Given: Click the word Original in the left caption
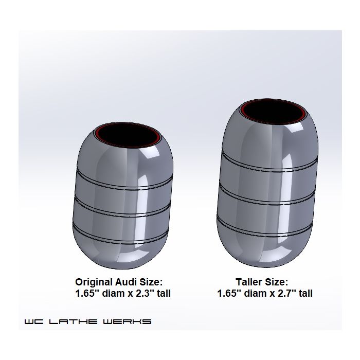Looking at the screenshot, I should point(94,282).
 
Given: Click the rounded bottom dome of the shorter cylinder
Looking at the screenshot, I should point(121,252).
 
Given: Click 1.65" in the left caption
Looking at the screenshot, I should point(88,294).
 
